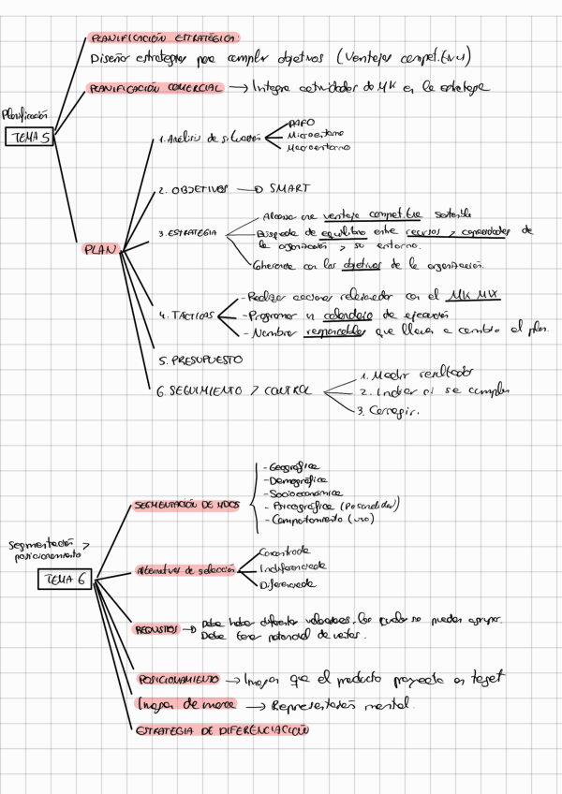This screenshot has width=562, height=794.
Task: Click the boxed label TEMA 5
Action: pyautogui.click(x=31, y=138)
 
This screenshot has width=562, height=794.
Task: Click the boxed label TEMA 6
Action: pyautogui.click(x=63, y=580)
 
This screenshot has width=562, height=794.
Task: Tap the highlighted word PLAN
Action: pyautogui.click(x=100, y=250)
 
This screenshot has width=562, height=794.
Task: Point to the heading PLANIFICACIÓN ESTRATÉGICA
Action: pyautogui.click(x=163, y=37)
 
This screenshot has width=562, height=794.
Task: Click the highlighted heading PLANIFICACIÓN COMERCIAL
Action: pyautogui.click(x=155, y=87)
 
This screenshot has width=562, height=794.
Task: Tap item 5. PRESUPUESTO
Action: pyautogui.click(x=202, y=359)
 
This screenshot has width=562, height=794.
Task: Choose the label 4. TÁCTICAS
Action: pyautogui.click(x=186, y=315)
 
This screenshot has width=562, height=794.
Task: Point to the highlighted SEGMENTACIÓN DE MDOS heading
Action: pyautogui.click(x=187, y=505)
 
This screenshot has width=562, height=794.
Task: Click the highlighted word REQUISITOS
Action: pyautogui.click(x=154, y=629)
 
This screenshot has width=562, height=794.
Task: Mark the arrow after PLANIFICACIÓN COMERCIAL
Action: pyautogui.click(x=238, y=87)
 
